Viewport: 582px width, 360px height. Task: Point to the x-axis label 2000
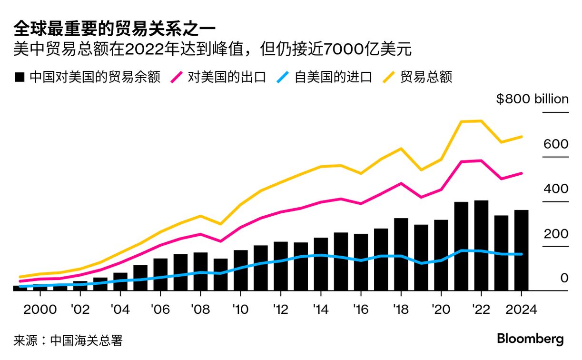coord(40,309)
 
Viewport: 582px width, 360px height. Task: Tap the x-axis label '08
coord(200,309)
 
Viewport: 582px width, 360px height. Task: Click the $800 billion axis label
coord(532,99)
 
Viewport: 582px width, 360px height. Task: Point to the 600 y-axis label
coord(556,144)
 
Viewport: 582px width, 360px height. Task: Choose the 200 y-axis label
coord(556,234)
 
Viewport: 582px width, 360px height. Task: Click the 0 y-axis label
coord(564,278)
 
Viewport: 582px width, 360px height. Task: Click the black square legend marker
coord(20,77)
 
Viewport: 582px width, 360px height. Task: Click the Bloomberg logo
coord(530,339)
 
